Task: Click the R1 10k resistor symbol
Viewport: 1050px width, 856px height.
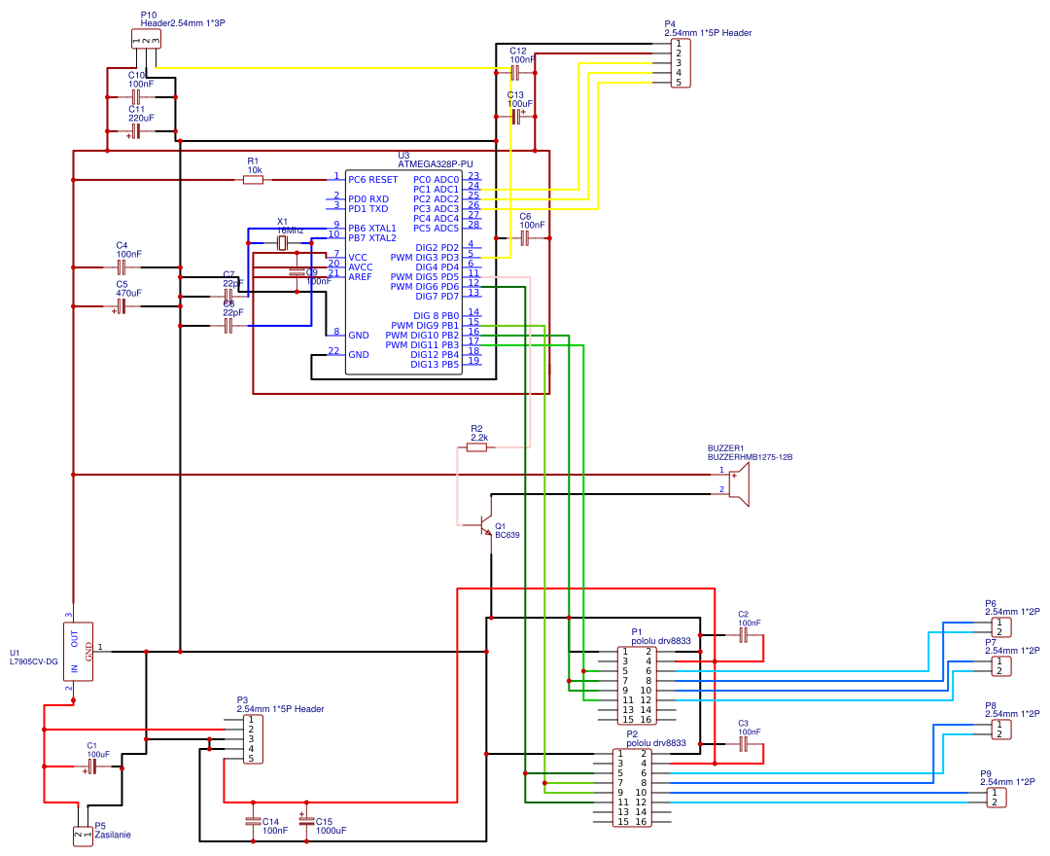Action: (x=253, y=180)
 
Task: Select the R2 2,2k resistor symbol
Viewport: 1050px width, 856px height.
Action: (x=478, y=447)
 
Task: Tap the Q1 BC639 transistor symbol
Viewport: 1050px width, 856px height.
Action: (x=489, y=526)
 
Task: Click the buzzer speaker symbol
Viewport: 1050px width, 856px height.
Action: (x=741, y=483)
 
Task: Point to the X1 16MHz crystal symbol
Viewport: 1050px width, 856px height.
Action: (x=283, y=242)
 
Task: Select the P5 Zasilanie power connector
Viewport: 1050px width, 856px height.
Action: (x=83, y=835)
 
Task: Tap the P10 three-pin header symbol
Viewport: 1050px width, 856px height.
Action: (x=145, y=39)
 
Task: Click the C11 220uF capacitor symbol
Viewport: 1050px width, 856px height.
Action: (x=136, y=131)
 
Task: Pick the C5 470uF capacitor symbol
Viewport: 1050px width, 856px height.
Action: (x=122, y=306)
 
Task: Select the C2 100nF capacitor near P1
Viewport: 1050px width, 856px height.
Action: (x=743, y=634)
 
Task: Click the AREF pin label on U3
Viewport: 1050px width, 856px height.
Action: (x=360, y=276)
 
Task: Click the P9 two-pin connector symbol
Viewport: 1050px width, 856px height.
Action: (x=996, y=798)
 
